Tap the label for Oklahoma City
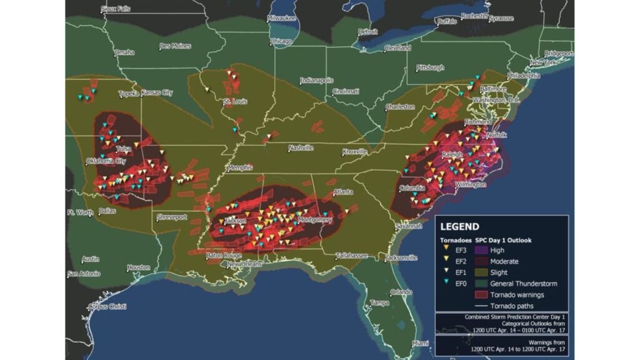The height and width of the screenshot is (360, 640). click(106, 161)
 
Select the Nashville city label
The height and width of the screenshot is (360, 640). click(300, 148)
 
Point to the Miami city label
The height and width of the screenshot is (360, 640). click(421, 343)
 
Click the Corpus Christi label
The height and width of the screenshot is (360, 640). click(107, 306)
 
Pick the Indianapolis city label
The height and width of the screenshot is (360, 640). click(317, 81)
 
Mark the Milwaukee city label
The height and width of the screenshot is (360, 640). click(281, 18)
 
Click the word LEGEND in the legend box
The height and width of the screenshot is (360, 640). click(459, 227)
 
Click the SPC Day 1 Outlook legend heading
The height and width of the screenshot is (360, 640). click(504, 240)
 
